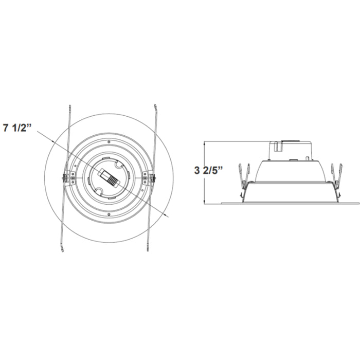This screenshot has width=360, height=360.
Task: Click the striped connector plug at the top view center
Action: pyautogui.click(x=109, y=177)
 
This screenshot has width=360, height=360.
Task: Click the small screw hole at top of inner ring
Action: pyautogui.click(x=109, y=141)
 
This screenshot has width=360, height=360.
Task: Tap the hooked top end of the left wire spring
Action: pyautogui.click(x=69, y=106)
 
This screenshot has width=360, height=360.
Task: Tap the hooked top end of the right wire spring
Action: pyautogui.click(x=154, y=106)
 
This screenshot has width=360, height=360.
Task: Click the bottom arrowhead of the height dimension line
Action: pyautogui.click(x=205, y=202)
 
